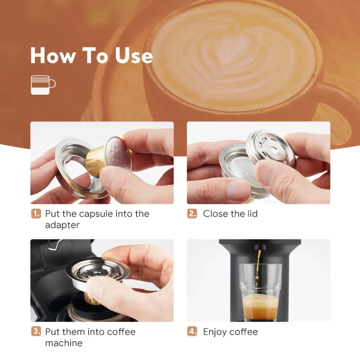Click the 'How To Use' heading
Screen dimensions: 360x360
tap(91, 55)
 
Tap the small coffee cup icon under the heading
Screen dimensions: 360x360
tap(43, 84)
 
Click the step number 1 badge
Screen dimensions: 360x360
tap(36, 214)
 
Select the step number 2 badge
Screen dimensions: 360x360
tap(192, 214)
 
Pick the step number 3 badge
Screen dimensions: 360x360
tap(36, 332)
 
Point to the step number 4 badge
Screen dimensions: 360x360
tap(192, 332)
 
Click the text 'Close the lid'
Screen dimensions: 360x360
tap(230, 214)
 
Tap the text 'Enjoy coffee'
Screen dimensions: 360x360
tap(230, 332)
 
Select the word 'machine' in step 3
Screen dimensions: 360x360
tap(64, 343)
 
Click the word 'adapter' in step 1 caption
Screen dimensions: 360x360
tap(62, 225)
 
